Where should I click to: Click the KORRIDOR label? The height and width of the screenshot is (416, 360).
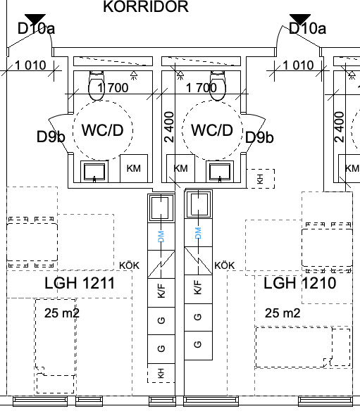[x=146, y=6]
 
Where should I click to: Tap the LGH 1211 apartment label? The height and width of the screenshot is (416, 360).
[x=80, y=283]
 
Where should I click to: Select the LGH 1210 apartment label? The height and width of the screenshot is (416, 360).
[x=300, y=283]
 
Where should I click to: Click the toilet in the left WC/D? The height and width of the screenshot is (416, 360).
[x=97, y=85]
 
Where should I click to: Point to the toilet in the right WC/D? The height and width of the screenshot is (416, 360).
[x=218, y=85]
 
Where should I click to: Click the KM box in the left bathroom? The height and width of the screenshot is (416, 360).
[x=134, y=168]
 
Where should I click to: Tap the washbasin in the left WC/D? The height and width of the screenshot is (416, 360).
[x=94, y=172]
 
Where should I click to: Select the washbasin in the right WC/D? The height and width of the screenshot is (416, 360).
[x=220, y=172]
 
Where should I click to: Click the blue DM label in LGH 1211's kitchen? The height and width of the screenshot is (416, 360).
[x=161, y=237]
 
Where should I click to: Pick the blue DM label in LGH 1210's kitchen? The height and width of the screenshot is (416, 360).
[x=198, y=233]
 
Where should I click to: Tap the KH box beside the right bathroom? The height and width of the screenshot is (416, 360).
[x=261, y=179]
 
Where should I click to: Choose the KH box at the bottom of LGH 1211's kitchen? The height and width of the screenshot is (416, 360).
[x=161, y=373]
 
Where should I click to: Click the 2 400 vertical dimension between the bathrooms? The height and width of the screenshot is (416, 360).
[x=169, y=127]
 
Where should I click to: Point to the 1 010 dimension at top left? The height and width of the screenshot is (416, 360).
[x=30, y=65]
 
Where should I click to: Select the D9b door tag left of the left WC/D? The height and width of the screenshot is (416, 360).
[x=51, y=137]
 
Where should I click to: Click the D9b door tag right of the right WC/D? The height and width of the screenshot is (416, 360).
[x=259, y=137]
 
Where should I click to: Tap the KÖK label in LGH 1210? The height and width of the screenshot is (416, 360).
[x=225, y=265]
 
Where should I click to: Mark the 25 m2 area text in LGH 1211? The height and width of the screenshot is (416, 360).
[x=62, y=313]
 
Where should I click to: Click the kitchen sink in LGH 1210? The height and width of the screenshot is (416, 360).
[x=199, y=204]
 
